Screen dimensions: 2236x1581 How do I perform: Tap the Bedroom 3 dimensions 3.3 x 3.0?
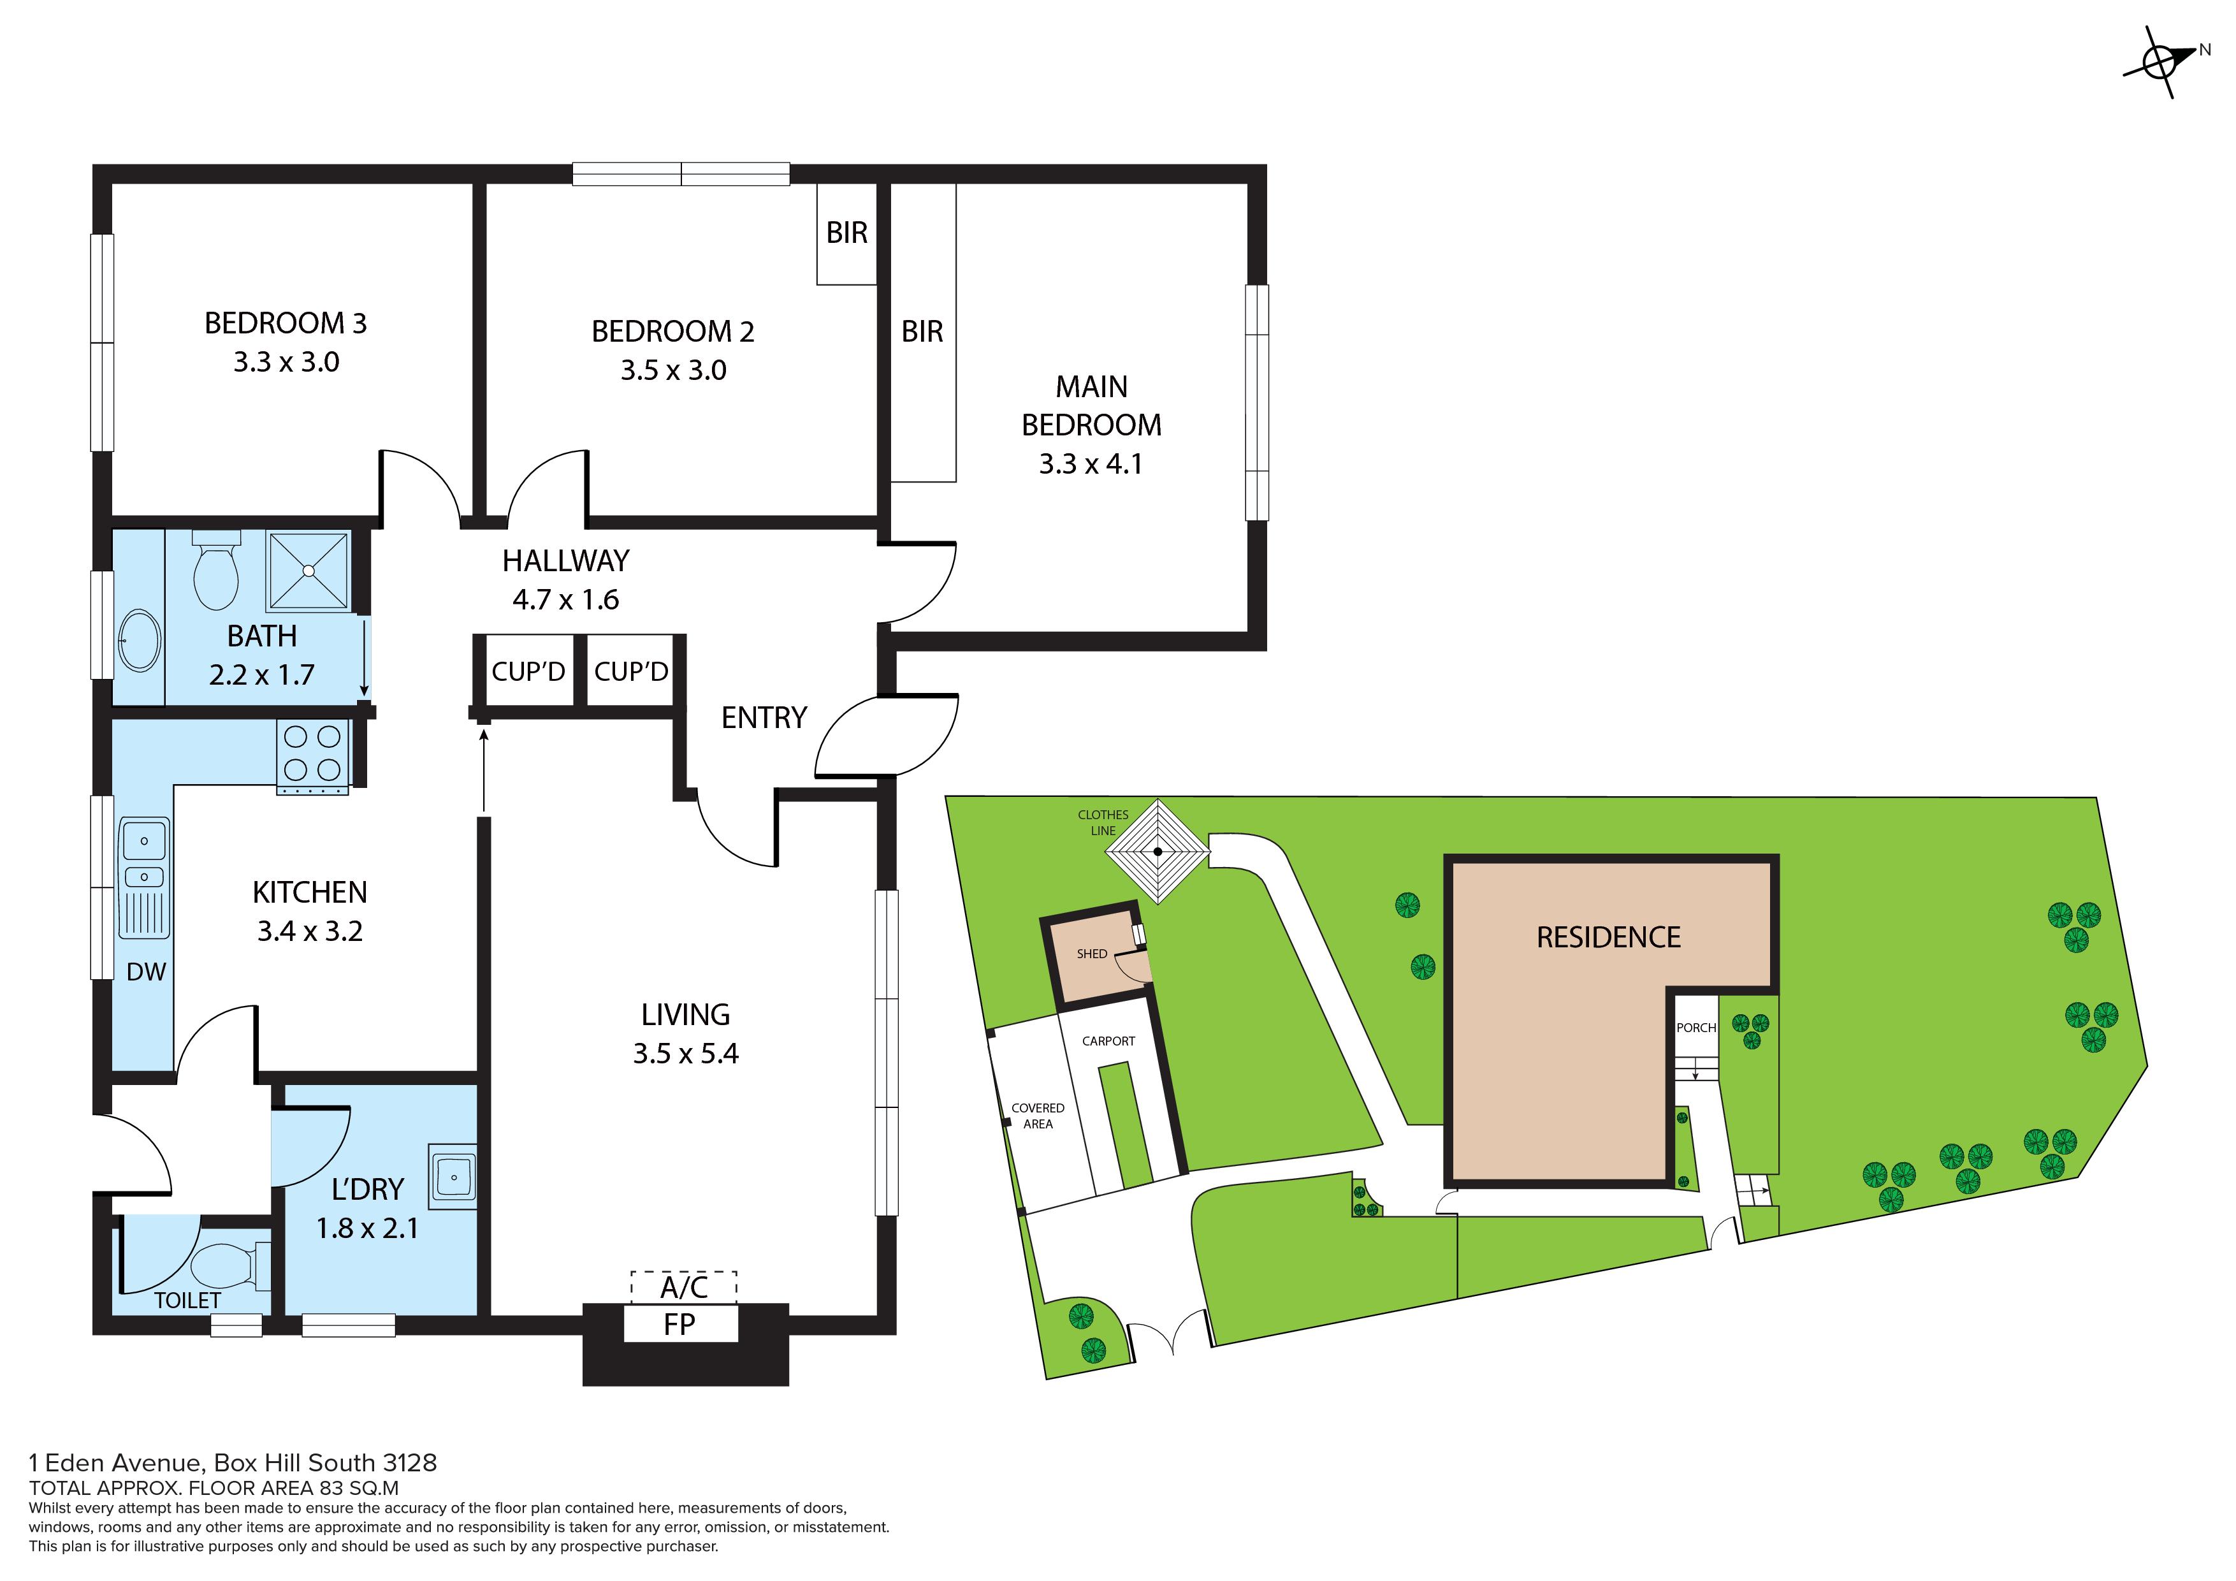(x=286, y=362)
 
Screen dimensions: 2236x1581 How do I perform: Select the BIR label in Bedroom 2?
(x=846, y=233)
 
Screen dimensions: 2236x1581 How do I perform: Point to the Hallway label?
(x=566, y=561)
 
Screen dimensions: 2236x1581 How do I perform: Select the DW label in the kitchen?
(x=146, y=971)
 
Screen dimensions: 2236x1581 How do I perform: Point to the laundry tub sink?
(x=452, y=1176)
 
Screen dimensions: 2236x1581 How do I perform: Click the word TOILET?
(x=188, y=1300)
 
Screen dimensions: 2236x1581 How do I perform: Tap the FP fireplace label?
(x=679, y=1325)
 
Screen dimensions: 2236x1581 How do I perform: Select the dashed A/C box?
(x=684, y=1287)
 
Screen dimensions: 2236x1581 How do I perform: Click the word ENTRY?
(x=764, y=718)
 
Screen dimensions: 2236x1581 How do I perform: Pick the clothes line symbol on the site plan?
(x=1158, y=852)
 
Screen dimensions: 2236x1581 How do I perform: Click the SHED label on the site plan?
(x=1092, y=954)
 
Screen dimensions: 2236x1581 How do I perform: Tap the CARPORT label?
(x=1108, y=1040)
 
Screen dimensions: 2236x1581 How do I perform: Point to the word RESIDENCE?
(x=1609, y=937)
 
